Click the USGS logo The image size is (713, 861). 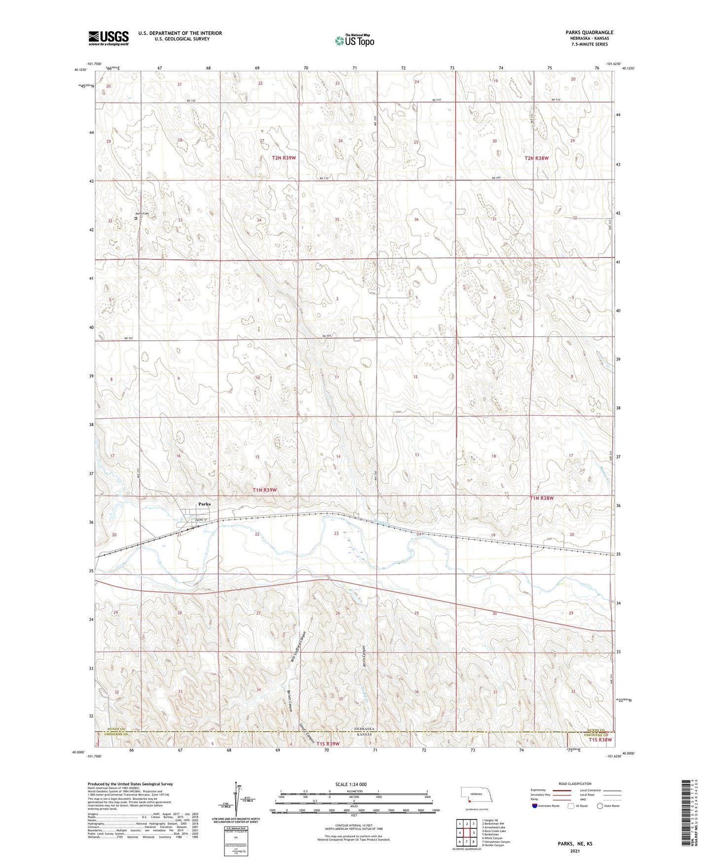(x=108, y=38)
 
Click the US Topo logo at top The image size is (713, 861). (x=354, y=40)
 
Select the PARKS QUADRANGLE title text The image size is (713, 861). (x=590, y=33)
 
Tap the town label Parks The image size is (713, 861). (x=204, y=504)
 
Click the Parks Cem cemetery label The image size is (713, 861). (x=142, y=214)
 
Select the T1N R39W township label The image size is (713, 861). (x=264, y=490)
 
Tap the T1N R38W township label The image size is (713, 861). (x=542, y=498)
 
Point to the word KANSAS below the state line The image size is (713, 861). (x=363, y=735)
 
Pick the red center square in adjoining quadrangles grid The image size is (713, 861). (x=466, y=833)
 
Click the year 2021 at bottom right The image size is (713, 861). (x=575, y=851)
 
